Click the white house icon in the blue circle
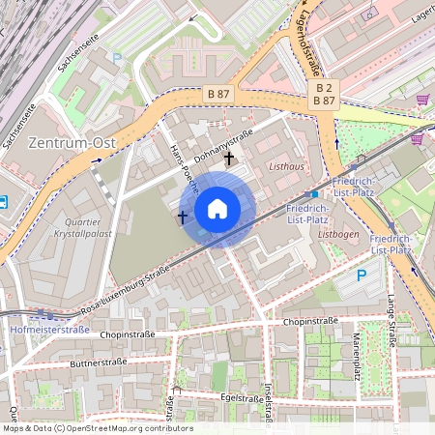(x=217, y=208)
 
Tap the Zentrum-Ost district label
(x=72, y=142)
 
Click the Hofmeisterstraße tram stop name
(x=49, y=329)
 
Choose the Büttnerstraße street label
(x=101, y=364)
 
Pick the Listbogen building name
(x=338, y=234)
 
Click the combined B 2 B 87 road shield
(x=324, y=93)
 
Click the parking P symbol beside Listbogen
(x=362, y=275)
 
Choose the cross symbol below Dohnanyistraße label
(x=229, y=159)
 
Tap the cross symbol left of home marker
(x=183, y=217)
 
